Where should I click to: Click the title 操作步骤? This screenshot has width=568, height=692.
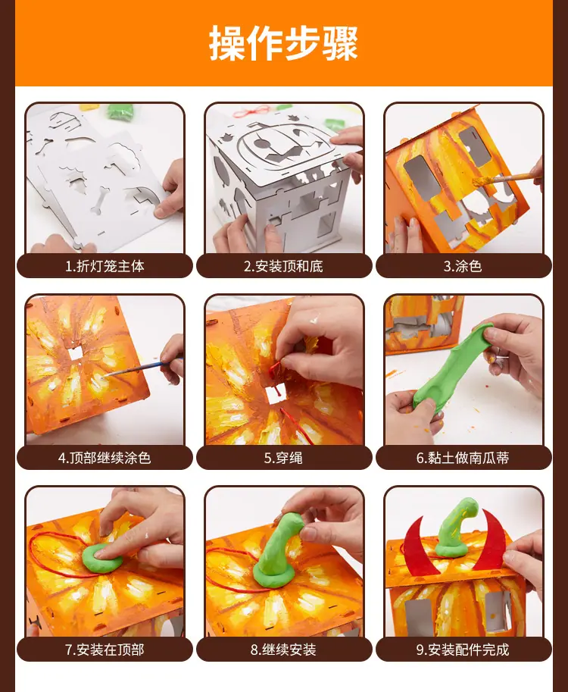(x=283, y=42)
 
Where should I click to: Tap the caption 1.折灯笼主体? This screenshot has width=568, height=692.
(x=105, y=266)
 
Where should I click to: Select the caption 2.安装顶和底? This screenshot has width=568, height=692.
(x=283, y=266)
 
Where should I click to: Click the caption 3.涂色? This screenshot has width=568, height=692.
(x=463, y=266)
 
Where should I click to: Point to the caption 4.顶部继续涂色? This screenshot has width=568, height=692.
(x=105, y=458)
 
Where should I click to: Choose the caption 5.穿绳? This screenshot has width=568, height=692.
(x=283, y=458)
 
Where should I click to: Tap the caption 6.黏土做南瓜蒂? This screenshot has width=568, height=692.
(x=463, y=458)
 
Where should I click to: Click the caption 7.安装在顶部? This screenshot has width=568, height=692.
(x=105, y=650)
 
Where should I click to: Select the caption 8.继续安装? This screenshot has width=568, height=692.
(x=283, y=650)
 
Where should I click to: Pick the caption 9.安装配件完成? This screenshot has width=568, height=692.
(x=463, y=650)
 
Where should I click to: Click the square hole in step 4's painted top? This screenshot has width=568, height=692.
(x=76, y=352)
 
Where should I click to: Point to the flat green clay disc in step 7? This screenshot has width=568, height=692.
(x=102, y=559)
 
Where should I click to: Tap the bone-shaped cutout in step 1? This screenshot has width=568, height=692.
(x=100, y=200)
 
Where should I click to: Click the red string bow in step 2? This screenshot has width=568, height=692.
(x=251, y=111)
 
